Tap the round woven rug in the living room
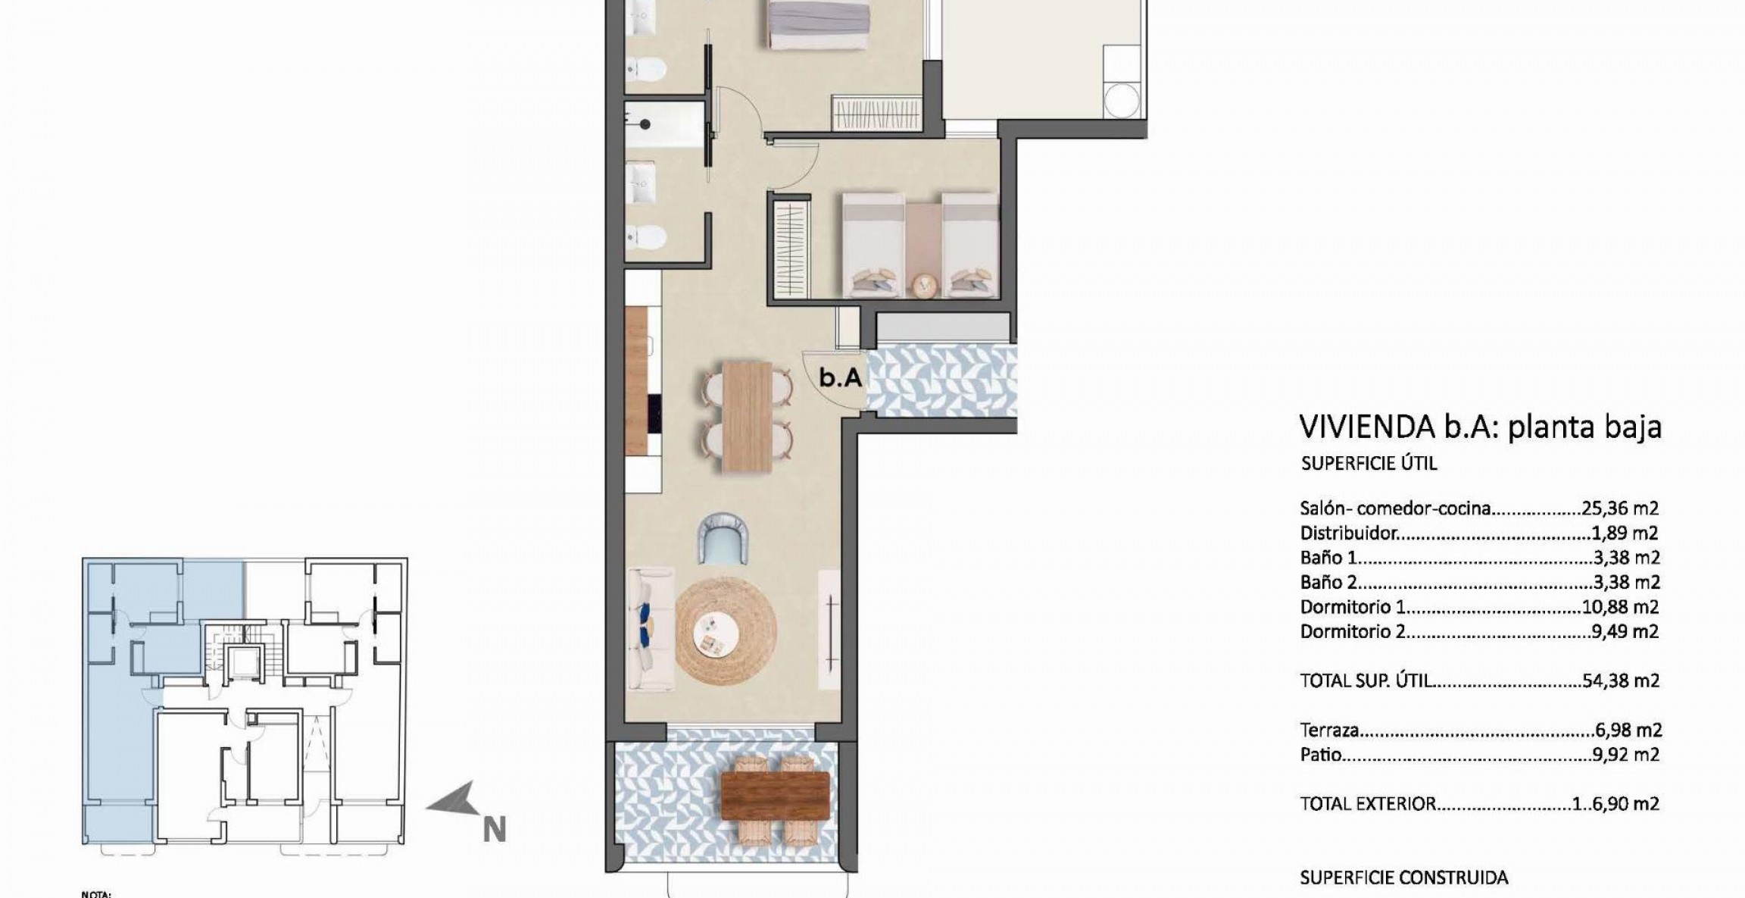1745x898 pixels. pyautogui.click(x=726, y=633)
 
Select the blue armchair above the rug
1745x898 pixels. pyautogui.click(x=722, y=537)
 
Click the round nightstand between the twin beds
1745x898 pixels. pyautogui.click(x=924, y=285)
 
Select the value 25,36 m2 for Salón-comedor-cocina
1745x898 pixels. pyautogui.click(x=1620, y=508)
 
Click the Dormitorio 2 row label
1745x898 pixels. pyautogui.click(x=1353, y=631)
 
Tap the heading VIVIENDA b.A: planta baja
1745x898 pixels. pyautogui.click(x=1480, y=427)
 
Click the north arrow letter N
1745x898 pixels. pyautogui.click(x=494, y=831)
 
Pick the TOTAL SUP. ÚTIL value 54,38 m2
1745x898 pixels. pyautogui.click(x=1621, y=681)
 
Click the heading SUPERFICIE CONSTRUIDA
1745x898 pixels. pyautogui.click(x=1403, y=878)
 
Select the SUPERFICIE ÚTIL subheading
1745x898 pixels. pyautogui.click(x=1369, y=463)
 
